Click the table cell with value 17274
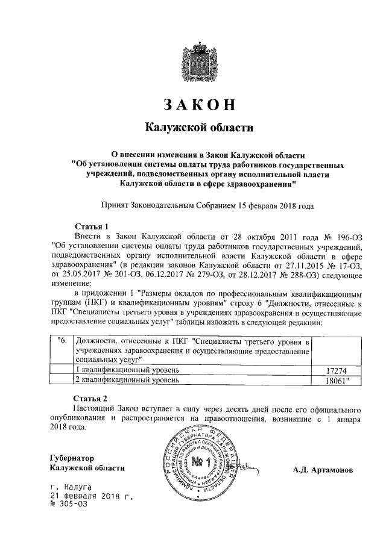coord(338,369)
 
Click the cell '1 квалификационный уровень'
coord(127,369)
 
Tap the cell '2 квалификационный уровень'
coord(127,381)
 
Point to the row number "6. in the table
coord(61,341)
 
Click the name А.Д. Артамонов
coord(323,469)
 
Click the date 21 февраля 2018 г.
coord(91,496)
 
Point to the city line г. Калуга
coord(71,486)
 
